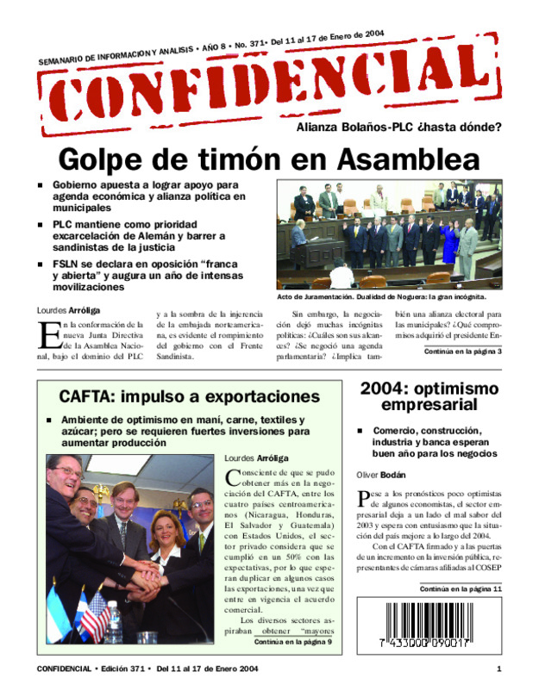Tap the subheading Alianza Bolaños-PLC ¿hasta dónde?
click(398, 128)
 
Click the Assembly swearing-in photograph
click(389, 233)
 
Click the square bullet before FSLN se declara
click(39, 264)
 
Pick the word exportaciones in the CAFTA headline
click(253, 397)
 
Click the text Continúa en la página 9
click(293, 642)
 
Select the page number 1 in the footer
click(498, 669)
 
